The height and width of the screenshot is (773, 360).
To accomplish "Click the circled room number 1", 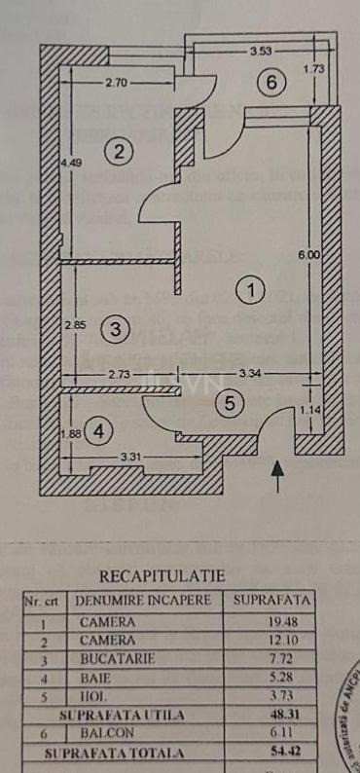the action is coord(251,289).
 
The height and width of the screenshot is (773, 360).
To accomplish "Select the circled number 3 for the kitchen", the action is coord(114,328).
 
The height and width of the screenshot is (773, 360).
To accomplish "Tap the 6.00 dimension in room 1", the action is coord(308,255).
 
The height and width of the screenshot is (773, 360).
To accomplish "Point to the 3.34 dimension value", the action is coord(251,373).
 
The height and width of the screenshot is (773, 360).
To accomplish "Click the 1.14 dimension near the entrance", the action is coord(308,410).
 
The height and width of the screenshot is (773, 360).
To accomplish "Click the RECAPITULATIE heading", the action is coord(162,576).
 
